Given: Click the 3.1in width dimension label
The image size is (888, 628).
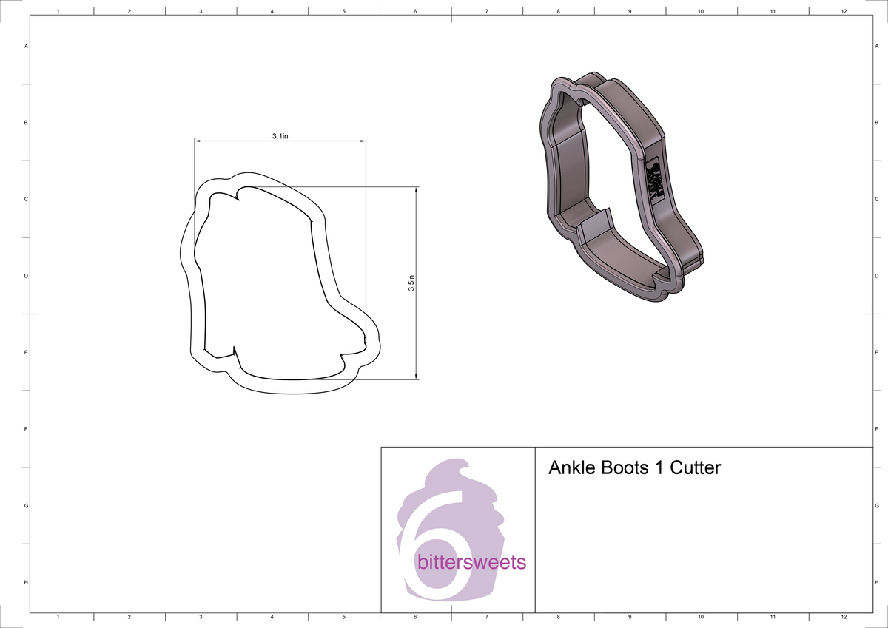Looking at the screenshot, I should pos(280,136).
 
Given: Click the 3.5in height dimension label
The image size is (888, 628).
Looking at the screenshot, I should pos(411,283).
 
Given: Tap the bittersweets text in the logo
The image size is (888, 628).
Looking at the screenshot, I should pos(471,562).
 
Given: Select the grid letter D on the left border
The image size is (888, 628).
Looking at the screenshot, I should pos(27,276).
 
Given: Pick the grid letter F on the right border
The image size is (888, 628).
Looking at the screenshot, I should pos(875,429).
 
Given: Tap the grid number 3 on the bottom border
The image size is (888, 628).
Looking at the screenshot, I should pos(201,616).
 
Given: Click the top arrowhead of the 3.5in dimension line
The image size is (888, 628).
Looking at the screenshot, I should pos(417,189).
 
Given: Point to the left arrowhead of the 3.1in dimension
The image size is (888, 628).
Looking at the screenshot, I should pos(198,141).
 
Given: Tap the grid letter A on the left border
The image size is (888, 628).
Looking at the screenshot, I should pos(27,46).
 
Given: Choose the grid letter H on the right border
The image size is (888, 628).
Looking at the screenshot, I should pos(875,583).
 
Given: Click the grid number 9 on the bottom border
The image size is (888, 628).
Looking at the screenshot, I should pos(629,616).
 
